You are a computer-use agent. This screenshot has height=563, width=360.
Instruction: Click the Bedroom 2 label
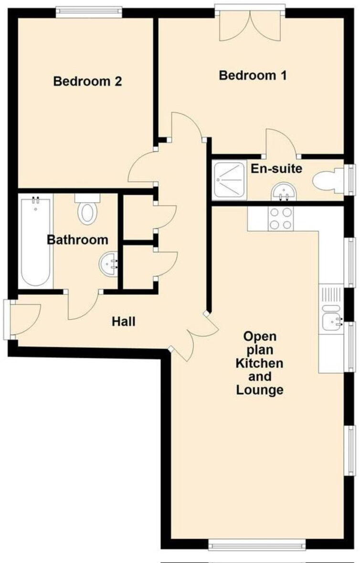pyautogui.click(x=87, y=81)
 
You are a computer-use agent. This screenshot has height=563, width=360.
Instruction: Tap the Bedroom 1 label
pyautogui.click(x=253, y=75)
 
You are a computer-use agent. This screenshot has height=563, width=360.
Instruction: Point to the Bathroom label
pyautogui.click(x=77, y=240)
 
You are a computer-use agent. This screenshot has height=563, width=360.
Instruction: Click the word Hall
pyautogui.click(x=124, y=322)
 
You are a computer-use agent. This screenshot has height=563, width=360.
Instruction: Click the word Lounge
pyautogui.click(x=260, y=390)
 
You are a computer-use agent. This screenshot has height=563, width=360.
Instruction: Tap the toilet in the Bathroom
pyautogui.click(x=87, y=209)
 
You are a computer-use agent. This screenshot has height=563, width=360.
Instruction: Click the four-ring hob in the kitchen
pyautogui.click(x=280, y=219)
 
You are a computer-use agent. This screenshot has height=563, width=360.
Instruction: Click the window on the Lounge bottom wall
pyautogui.click(x=257, y=542)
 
